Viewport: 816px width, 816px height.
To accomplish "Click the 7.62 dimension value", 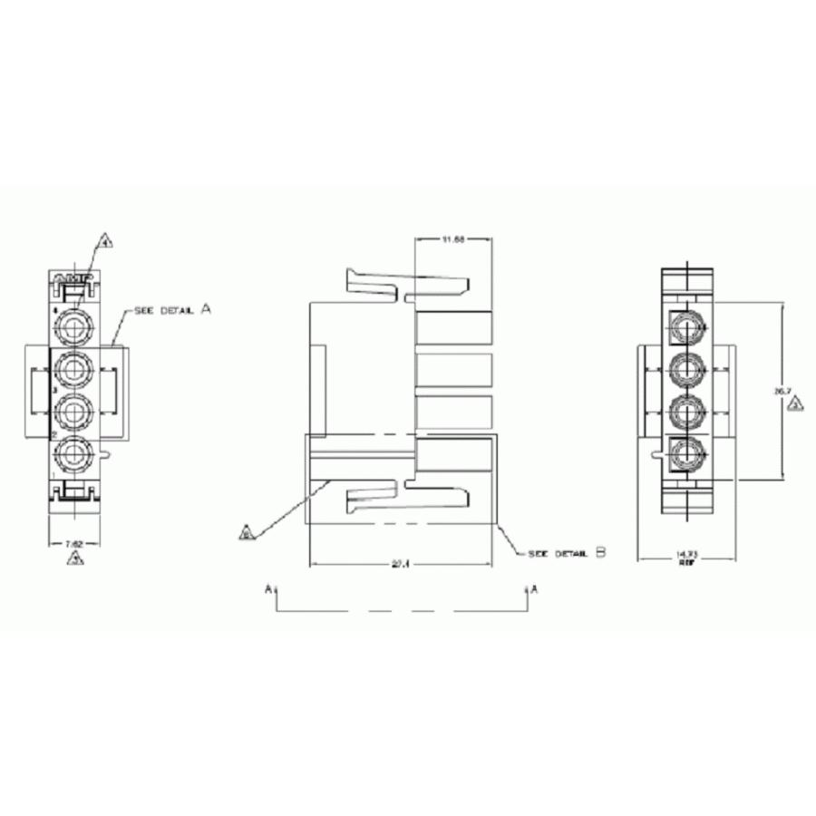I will (74, 543).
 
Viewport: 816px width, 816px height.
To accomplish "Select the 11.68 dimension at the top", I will (452, 239).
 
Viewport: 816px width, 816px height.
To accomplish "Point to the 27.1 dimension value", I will (401, 563).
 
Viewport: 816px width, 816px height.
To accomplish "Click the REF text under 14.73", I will (686, 562).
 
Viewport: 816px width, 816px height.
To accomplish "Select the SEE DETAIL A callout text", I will (172, 310).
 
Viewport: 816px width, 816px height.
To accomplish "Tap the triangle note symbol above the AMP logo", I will (105, 243).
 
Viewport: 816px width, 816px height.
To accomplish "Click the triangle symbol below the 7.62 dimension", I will (75, 559).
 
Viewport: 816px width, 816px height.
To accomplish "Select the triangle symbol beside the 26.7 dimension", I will (795, 404).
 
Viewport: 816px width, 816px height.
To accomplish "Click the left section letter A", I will (268, 589).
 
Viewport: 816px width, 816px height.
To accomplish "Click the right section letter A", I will (534, 589).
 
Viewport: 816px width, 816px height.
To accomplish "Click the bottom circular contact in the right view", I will (688, 452).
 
